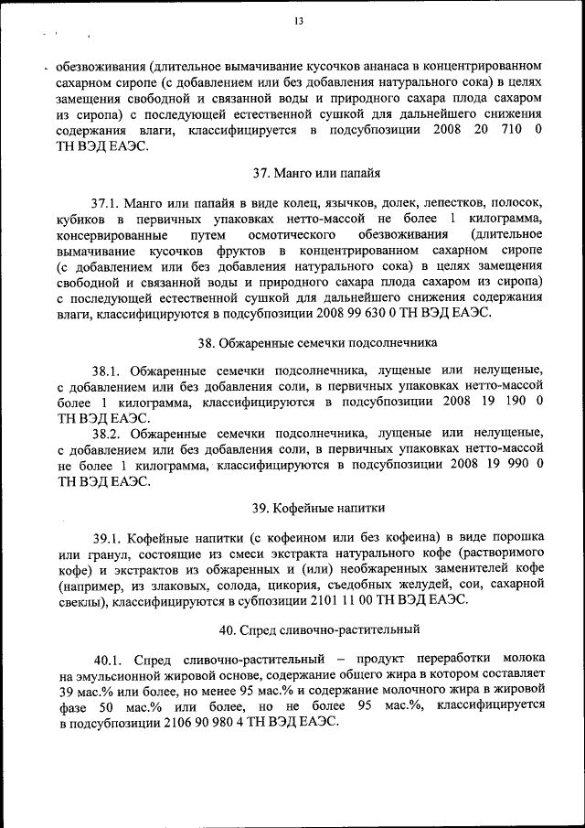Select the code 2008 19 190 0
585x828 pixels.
pyautogui.click(x=493, y=401)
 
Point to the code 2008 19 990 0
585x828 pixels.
pyautogui.click(x=492, y=465)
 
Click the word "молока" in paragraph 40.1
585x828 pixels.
pyautogui.click(x=518, y=660)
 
